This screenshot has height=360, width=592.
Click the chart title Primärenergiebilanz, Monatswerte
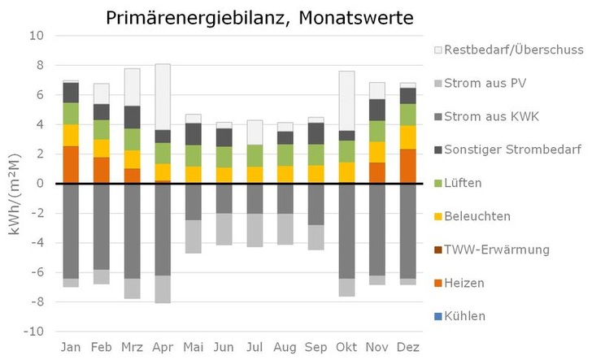point(259,17)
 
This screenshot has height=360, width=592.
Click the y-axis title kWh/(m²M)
point(14,184)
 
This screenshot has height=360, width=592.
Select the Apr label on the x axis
point(163,347)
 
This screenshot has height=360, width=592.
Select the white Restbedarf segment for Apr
point(163,97)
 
